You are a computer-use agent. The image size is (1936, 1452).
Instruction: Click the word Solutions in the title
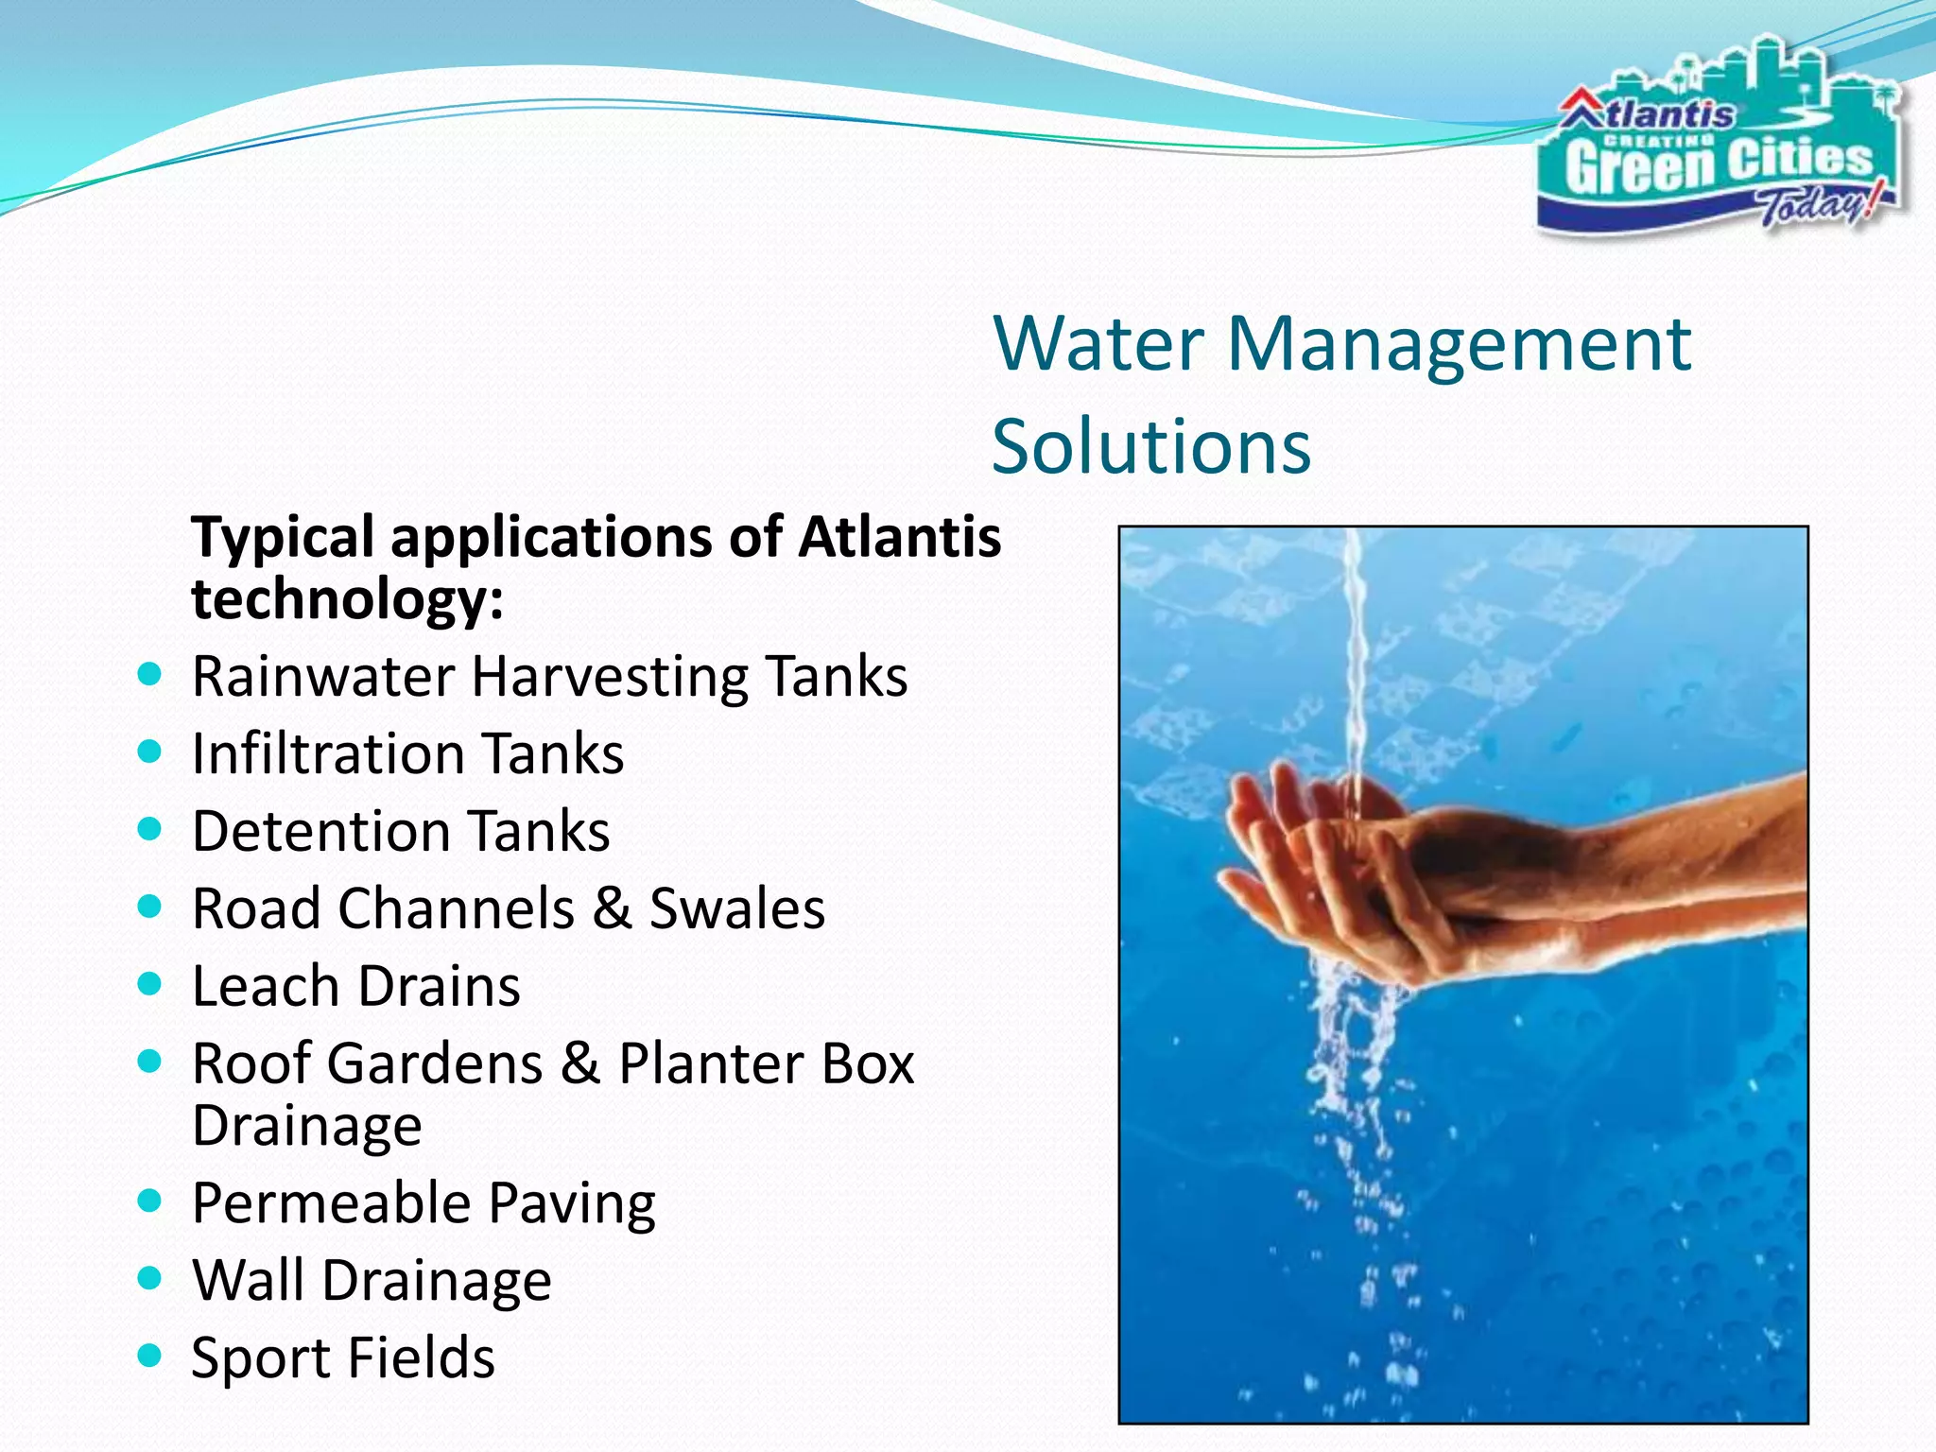(1151, 446)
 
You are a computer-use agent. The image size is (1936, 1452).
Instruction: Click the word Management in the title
(1460, 344)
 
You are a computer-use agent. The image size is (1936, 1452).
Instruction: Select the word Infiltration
(327, 754)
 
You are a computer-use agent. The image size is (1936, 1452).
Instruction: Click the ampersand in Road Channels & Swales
(612, 908)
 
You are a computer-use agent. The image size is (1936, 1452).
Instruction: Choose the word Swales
(737, 908)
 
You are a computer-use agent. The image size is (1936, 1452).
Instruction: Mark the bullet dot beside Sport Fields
(149, 1357)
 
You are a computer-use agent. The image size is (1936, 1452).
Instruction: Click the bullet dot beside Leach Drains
(149, 984)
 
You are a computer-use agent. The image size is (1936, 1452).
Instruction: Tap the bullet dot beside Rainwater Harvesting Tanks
(149, 675)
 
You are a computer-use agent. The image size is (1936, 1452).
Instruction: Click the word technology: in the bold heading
(347, 599)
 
